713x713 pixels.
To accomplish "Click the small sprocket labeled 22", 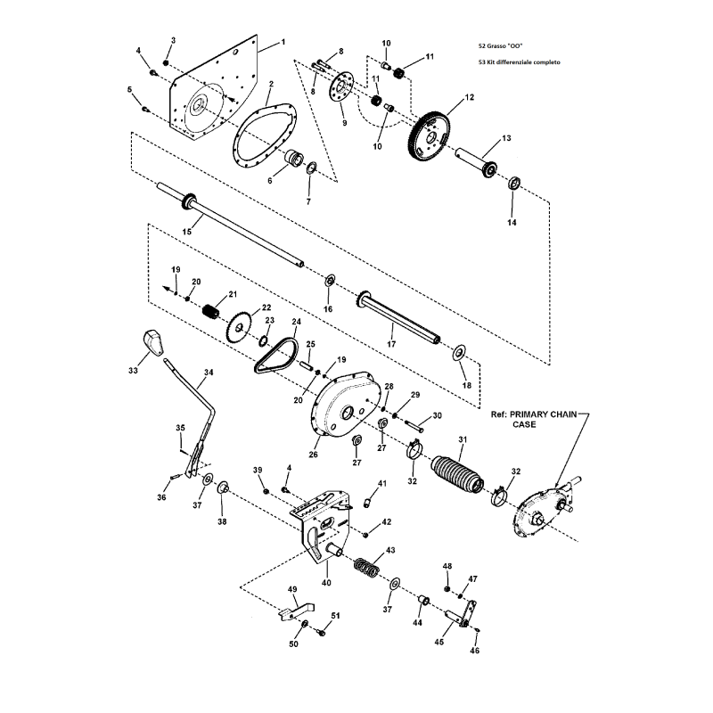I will tap(239, 328).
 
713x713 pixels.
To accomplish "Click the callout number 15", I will tap(187, 231).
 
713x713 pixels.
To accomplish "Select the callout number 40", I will tap(326, 583).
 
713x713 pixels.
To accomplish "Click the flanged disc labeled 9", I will tap(338, 90).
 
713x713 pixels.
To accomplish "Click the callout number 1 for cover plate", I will tap(283, 42).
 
